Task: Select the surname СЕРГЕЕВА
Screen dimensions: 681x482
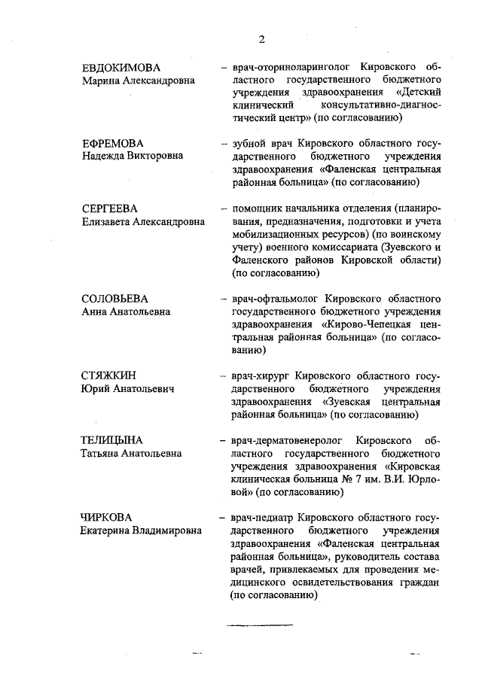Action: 112,208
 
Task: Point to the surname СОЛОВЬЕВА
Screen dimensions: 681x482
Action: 116,298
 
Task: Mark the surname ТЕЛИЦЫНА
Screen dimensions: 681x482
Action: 112,439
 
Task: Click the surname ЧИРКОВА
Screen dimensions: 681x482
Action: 107,517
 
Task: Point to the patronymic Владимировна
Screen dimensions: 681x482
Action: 169,531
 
